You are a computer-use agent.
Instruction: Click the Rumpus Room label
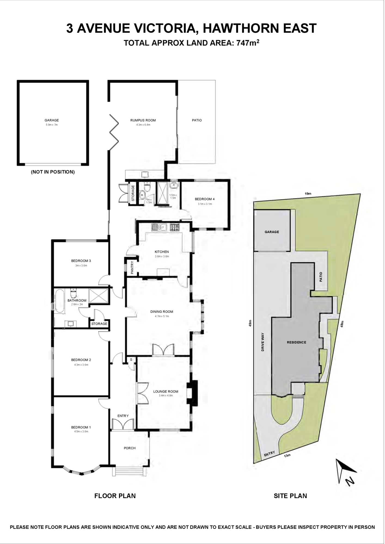click(x=143, y=120)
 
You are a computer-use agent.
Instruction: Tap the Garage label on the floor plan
click(x=52, y=120)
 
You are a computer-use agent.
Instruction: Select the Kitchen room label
click(x=162, y=252)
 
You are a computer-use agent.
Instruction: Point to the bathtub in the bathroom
click(x=60, y=301)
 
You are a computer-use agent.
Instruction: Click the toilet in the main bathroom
click(x=74, y=293)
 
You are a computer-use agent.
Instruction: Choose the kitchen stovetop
click(x=175, y=227)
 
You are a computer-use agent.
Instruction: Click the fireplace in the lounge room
click(x=192, y=393)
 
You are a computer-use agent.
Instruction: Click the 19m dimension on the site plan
click(x=308, y=194)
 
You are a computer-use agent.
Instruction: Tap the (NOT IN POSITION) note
click(x=53, y=172)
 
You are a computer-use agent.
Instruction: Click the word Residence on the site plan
click(x=297, y=342)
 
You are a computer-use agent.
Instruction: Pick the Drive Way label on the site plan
click(x=263, y=342)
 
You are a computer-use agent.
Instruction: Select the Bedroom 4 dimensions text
click(x=205, y=204)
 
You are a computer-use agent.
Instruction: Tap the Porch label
click(x=130, y=448)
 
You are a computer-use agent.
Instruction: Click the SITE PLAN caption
click(x=290, y=496)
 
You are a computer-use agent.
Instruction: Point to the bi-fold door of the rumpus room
click(x=114, y=132)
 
